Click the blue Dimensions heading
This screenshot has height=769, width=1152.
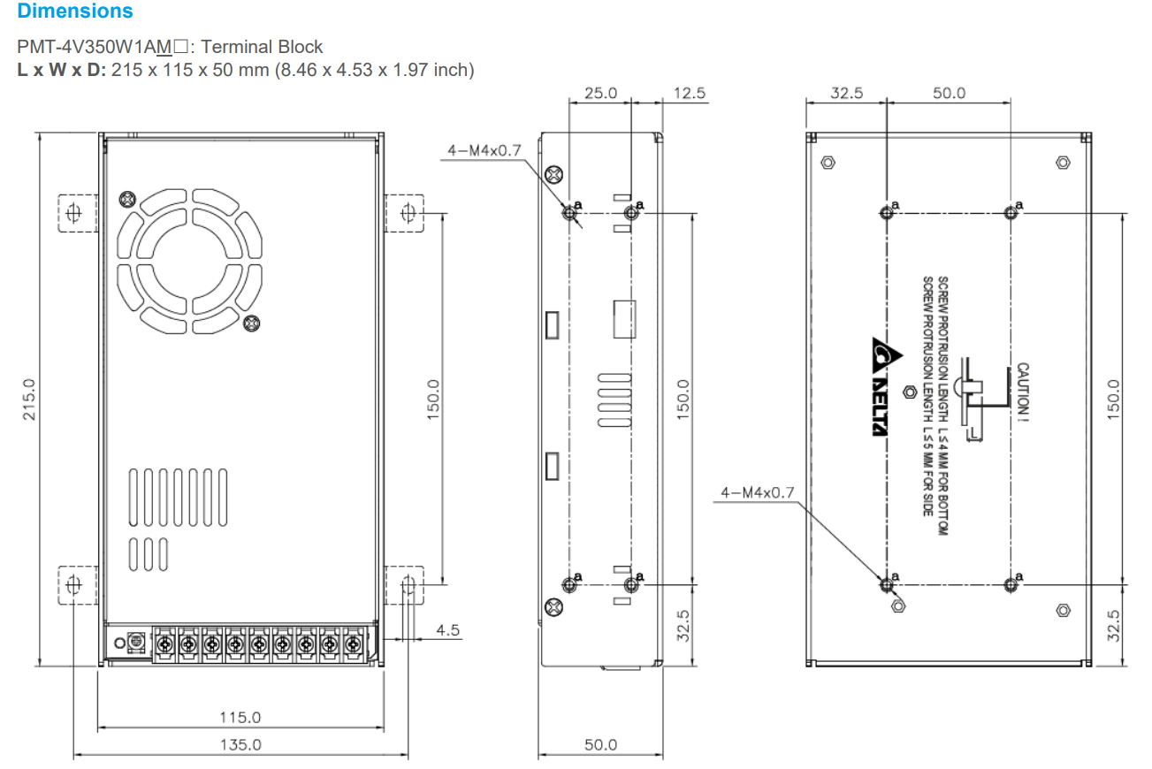pos(75,11)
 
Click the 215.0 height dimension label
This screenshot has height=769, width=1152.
pos(28,399)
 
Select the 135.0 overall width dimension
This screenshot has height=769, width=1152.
pos(240,744)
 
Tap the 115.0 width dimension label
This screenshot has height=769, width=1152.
pos(240,717)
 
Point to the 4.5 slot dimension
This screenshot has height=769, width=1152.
pos(448,630)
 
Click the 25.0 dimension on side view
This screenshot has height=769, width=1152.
pos(600,92)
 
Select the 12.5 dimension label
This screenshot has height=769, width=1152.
pos(689,92)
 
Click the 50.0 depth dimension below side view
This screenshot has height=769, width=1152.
pos(600,744)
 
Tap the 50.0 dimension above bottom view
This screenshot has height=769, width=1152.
pos(949,92)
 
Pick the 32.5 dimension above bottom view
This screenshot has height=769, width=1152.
pos(846,92)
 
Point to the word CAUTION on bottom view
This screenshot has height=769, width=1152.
pos(1023,389)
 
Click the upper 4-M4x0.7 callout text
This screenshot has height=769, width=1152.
pos(484,150)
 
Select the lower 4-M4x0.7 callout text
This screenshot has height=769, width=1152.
pos(758,492)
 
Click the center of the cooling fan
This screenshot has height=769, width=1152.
pos(190,263)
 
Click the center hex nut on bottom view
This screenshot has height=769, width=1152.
pos(907,391)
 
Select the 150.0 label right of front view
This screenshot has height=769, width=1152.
pos(432,399)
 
